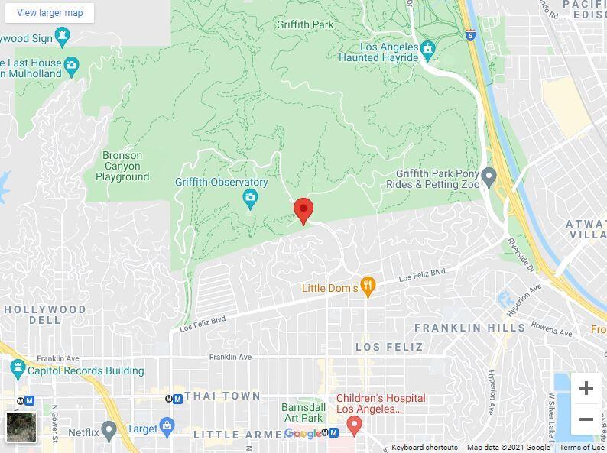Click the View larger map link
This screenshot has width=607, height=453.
(50, 13)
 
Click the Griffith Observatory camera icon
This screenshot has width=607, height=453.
(249, 199)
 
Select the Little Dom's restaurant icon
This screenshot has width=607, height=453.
(368, 287)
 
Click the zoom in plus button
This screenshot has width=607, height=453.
(586, 388)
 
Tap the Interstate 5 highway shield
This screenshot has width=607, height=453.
(469, 34)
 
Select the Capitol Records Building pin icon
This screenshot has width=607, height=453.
(17, 370)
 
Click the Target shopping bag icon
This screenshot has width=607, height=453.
(167, 425)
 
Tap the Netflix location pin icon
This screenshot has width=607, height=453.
(109, 431)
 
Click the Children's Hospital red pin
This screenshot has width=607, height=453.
(353, 425)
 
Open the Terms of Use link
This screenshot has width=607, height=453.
(581, 448)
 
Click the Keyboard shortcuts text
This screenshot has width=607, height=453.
(424, 448)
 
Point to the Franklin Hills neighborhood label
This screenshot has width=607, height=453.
(469, 328)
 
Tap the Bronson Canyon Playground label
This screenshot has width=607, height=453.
(122, 166)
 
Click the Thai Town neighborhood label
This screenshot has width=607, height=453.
(222, 396)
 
